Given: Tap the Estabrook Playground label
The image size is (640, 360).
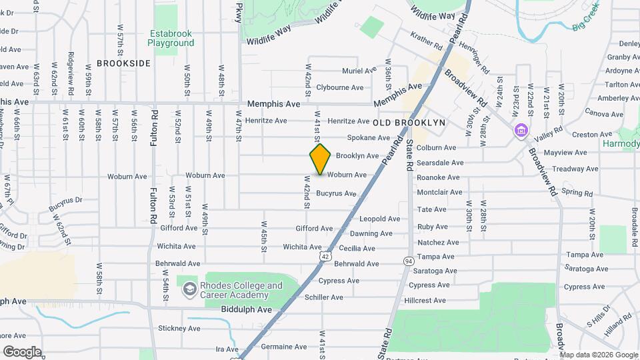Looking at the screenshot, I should coord(171,38).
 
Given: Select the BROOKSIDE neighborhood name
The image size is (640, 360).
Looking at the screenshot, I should coord(123,63).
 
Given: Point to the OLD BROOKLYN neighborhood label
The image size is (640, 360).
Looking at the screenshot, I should coord(409,123).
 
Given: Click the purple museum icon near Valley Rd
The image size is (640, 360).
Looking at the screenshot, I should coord(520,130).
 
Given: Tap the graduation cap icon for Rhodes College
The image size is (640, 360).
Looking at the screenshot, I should coord(189,289).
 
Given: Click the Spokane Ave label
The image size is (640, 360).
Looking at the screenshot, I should coord(368,138).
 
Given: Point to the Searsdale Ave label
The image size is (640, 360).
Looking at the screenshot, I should coord(440,163).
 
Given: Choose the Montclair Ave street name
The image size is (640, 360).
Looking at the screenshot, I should coord(439,192).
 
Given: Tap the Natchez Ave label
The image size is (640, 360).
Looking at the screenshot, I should coord(438,243).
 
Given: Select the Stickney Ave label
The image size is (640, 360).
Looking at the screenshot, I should coord(179,329).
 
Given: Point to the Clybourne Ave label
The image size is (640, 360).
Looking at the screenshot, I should coord(340,87).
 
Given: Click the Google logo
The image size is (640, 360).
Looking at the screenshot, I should coord(22,351).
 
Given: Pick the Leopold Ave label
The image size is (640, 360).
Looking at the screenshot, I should coord(380,219).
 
